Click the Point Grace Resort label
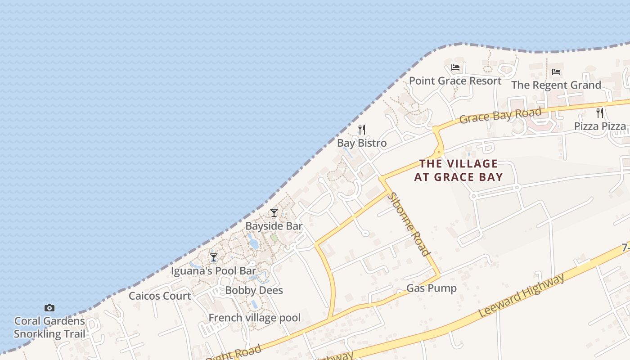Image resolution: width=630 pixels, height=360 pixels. (x=455, y=81)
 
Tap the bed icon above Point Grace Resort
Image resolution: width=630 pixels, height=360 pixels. (x=455, y=68)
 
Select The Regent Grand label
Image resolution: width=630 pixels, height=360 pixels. (x=556, y=85)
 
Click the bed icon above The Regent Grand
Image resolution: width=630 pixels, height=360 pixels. (x=556, y=72)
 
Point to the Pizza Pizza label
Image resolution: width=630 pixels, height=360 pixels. (x=600, y=126)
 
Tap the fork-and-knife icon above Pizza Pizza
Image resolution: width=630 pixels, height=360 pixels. (x=600, y=113)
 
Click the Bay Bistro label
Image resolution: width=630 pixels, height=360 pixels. (x=362, y=143)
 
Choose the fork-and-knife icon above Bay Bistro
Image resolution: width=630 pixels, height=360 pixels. (x=362, y=130)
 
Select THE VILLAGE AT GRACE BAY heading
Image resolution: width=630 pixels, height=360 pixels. (x=458, y=170)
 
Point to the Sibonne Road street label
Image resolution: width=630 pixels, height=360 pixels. (x=409, y=224)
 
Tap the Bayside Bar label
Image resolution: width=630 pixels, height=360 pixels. (x=274, y=226)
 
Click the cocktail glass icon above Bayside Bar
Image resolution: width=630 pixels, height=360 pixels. (x=274, y=213)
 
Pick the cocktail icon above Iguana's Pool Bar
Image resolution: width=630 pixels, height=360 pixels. (x=214, y=257)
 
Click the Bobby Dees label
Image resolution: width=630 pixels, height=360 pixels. (x=254, y=290)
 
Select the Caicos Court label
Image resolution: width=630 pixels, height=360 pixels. (x=160, y=296)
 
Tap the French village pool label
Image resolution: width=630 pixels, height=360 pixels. (x=254, y=318)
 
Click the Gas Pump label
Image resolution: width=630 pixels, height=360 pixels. (x=431, y=288)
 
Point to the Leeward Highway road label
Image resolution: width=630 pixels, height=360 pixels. (x=521, y=295)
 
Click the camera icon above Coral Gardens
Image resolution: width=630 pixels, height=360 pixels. (x=49, y=308)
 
